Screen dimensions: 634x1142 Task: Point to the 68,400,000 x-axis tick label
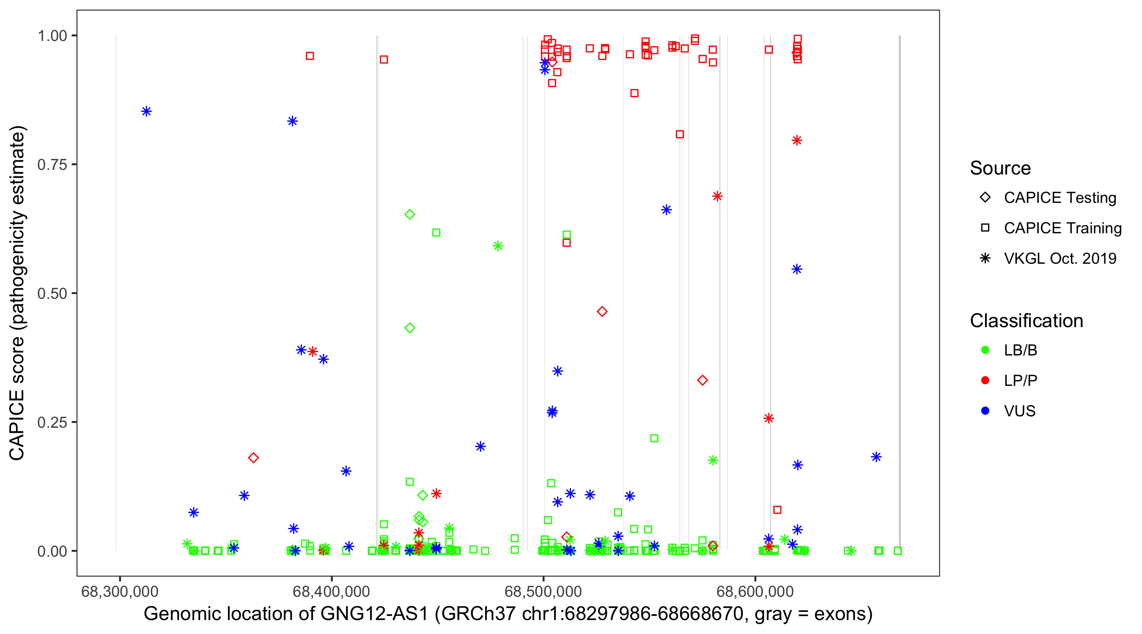coord(331,591)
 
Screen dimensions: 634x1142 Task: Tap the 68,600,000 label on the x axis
coord(755,591)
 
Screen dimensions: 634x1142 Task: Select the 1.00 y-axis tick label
coord(52,36)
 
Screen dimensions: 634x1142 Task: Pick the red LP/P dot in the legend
coord(985,380)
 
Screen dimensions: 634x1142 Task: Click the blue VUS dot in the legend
coord(985,411)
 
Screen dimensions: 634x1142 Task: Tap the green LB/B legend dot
coord(985,350)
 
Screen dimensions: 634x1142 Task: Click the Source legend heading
coord(1000,168)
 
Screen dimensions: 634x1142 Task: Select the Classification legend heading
coord(1026,321)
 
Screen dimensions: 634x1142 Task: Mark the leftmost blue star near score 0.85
coord(146,111)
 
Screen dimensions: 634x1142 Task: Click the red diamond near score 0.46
coord(601,312)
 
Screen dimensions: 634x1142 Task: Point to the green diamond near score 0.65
coord(409,214)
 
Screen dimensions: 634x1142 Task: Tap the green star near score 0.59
coord(498,246)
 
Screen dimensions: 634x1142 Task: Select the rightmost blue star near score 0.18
coord(876,457)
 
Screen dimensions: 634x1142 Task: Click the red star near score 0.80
coord(797,140)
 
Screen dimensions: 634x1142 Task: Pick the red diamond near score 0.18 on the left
coord(253,458)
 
